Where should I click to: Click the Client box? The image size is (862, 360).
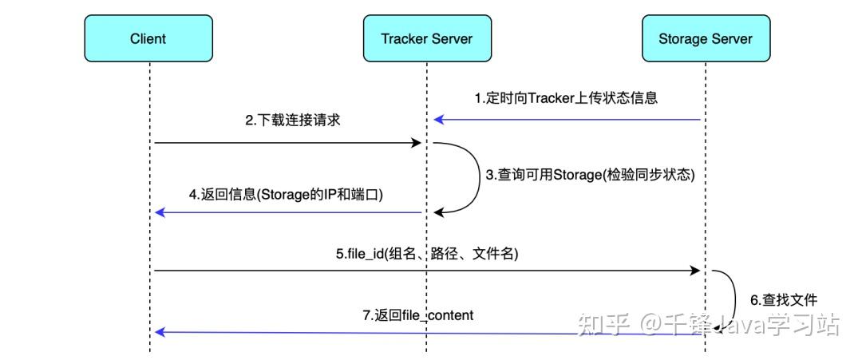148,38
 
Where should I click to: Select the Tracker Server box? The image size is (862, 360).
426,38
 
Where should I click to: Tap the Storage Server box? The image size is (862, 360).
705,38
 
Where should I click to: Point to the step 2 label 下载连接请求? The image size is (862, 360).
292,121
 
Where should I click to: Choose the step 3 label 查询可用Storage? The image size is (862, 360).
591,175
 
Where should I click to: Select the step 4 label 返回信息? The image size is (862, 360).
286,193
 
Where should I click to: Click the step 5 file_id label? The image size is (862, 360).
427,254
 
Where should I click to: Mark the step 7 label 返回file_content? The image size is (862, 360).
417,315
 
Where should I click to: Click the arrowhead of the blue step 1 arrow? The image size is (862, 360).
438,120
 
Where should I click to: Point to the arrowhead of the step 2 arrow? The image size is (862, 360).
416,143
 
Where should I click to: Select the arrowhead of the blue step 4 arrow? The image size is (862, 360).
159,212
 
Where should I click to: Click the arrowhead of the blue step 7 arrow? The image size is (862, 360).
159,331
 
